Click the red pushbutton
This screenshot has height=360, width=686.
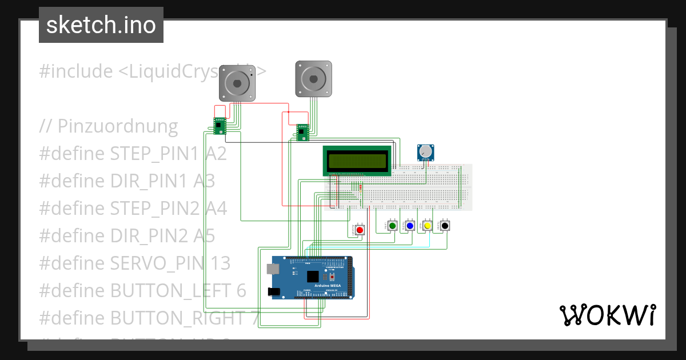pos(360,230)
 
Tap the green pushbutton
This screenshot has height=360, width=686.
pos(393,226)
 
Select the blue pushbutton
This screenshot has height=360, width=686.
pos(410,226)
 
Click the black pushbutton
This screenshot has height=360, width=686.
pos(444,226)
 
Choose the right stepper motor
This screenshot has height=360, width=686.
pos(313,78)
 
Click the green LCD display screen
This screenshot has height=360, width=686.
pos(357,161)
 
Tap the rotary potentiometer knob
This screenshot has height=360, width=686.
pos(426,151)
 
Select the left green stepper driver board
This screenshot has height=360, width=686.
pos(220,126)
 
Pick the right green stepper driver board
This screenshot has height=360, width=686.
pos(302,132)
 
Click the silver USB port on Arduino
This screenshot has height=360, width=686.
pos(273,269)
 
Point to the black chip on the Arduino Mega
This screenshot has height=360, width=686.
pos(313,277)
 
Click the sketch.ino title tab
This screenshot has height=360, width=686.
pos(101,25)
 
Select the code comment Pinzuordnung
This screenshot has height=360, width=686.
pos(109,126)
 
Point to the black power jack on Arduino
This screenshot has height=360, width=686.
pos(274,291)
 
